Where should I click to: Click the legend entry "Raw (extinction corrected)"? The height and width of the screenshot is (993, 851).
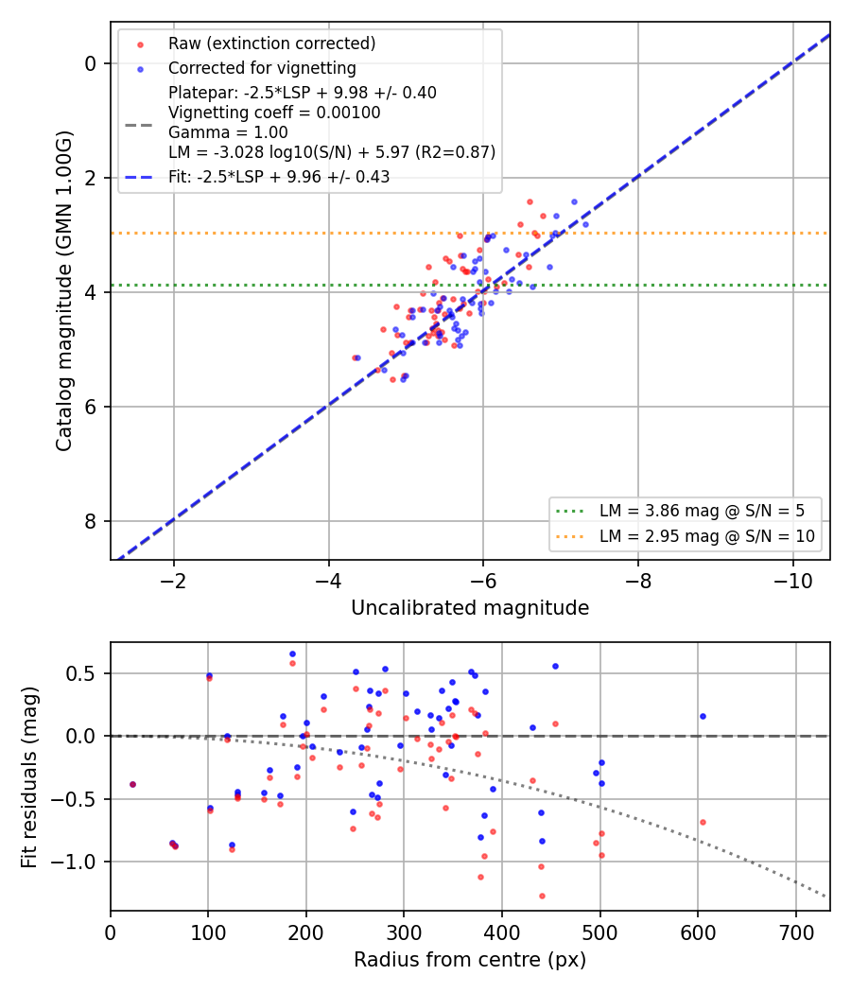(271, 44)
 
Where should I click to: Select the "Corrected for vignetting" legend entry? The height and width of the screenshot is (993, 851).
(262, 68)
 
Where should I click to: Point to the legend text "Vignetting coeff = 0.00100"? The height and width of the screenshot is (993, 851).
(274, 113)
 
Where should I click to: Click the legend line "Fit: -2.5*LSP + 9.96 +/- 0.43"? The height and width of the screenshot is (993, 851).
(279, 177)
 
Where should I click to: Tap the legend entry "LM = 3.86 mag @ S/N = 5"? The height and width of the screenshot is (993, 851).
(703, 511)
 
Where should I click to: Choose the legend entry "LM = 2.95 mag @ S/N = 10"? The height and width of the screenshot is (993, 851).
(707, 536)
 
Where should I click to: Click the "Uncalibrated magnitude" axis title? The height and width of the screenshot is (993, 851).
(470, 608)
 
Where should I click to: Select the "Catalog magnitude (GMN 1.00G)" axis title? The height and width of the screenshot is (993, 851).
(64, 290)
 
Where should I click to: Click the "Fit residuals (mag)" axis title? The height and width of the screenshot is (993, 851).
(29, 777)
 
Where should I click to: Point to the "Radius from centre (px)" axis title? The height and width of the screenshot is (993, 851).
(470, 960)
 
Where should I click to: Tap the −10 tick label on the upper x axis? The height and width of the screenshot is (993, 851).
(792, 581)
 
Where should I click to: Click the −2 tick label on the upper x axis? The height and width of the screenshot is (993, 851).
(173, 581)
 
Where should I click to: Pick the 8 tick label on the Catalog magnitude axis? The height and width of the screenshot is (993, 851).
(91, 521)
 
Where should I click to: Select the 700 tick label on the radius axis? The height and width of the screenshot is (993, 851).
(795, 932)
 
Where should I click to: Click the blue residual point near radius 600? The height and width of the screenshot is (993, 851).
(703, 717)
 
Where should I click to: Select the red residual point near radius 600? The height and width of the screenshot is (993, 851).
(703, 823)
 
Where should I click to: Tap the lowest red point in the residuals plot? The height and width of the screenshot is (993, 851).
(542, 897)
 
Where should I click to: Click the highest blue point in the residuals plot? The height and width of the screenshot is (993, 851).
(292, 654)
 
